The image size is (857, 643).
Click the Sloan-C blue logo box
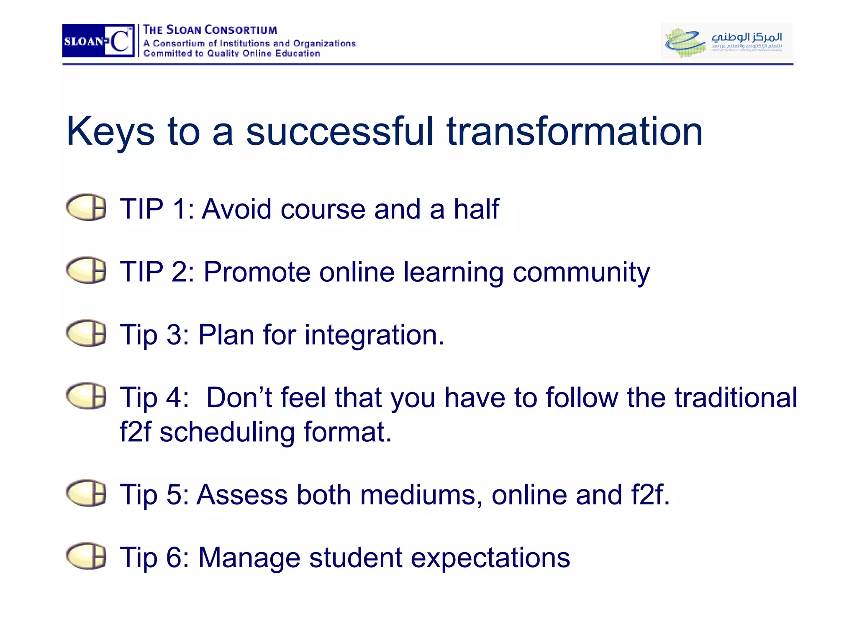tap(98, 41)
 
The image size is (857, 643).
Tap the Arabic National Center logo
tap(726, 41)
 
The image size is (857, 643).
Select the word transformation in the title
tap(575, 132)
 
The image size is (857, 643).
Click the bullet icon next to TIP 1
tap(86, 207)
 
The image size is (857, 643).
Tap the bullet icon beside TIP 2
tap(86, 270)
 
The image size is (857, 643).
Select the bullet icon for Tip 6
tap(86, 556)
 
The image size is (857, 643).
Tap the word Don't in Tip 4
tap(239, 397)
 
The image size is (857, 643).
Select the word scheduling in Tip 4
tap(227, 432)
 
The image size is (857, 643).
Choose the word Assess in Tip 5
tap(242, 495)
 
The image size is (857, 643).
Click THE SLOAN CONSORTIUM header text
tap(210, 30)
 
